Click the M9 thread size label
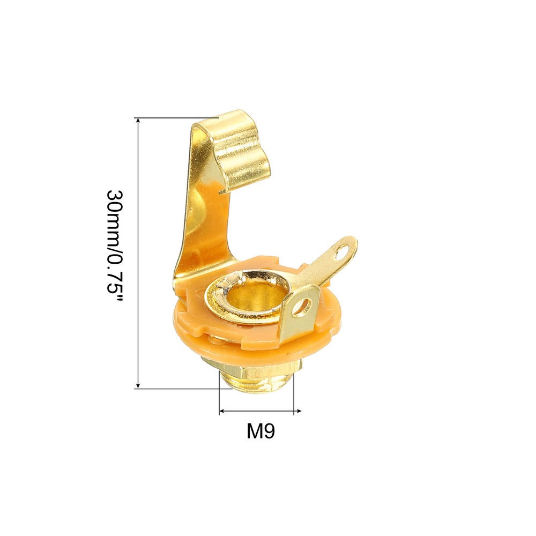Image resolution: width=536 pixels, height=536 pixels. [x=260, y=431]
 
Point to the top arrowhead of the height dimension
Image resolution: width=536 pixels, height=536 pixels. [x=138, y=121]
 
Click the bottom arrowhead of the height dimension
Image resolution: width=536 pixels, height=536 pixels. [x=138, y=384]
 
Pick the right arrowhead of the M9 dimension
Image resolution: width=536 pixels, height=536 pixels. [x=297, y=412]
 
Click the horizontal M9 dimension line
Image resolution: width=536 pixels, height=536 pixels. [x=260, y=412]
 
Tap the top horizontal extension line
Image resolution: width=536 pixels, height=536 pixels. [x=177, y=118]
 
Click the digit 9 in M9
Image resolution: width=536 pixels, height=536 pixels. [x=269, y=431]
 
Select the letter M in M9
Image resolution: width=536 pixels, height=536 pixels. [x=254, y=431]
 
